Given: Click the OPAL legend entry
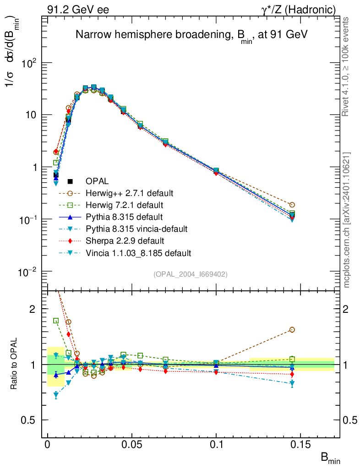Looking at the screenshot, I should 101,181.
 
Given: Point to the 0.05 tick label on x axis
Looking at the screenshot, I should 132,445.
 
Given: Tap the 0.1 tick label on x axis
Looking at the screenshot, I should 217,445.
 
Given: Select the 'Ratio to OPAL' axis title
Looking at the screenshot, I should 15,364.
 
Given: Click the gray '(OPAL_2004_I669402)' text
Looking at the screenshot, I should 190,274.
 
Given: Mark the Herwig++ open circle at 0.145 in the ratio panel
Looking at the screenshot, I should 292,330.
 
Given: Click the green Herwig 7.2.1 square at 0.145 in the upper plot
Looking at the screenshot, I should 292,213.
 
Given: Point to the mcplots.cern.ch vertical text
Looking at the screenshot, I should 347,220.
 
